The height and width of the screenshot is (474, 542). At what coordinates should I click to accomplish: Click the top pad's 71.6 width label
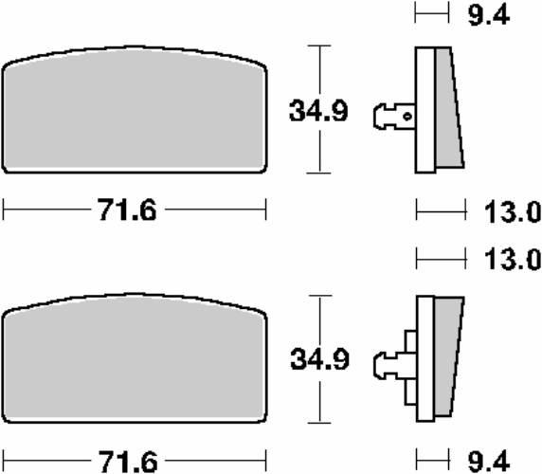[127, 210]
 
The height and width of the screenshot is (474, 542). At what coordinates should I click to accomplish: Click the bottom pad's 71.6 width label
[128, 462]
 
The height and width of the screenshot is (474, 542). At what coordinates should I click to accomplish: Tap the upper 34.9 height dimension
[318, 111]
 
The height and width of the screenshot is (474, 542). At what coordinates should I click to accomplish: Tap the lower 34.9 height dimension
[319, 359]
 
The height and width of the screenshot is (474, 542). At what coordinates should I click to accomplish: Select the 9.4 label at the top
[489, 15]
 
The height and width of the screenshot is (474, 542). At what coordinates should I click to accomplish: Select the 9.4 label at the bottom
[489, 461]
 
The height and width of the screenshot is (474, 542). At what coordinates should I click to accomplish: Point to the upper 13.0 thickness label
[513, 211]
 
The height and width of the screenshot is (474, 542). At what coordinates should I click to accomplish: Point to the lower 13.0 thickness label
[513, 260]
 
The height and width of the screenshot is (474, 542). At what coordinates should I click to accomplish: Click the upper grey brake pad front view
[135, 110]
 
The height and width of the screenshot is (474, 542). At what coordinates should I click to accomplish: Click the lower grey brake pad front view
[135, 358]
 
